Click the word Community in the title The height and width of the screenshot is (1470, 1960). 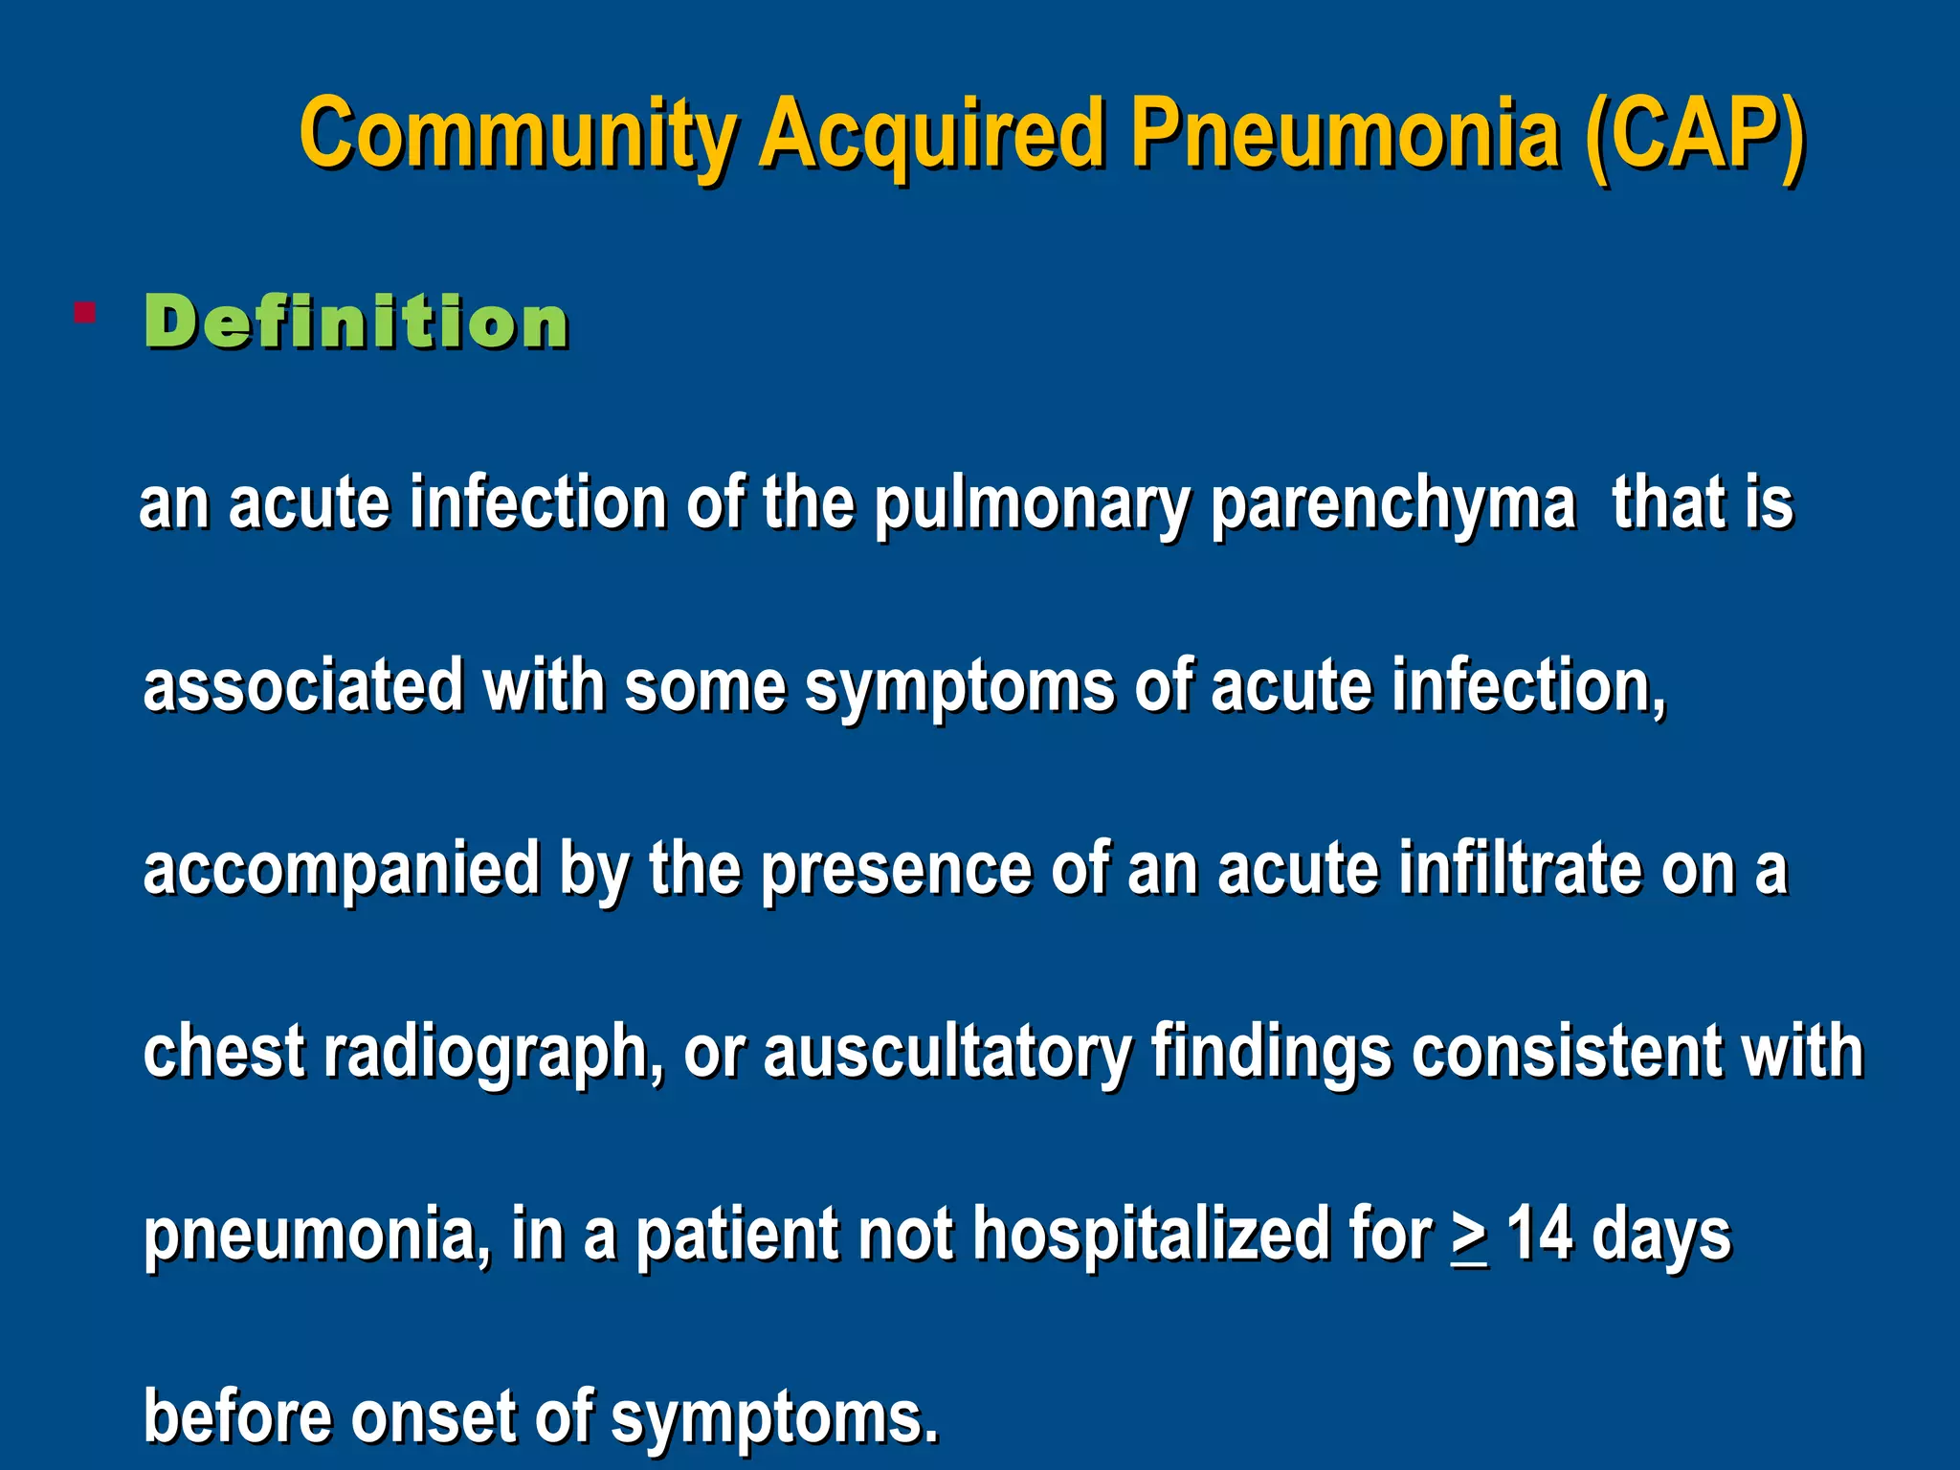click(x=518, y=134)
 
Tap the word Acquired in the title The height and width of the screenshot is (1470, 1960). click(x=932, y=134)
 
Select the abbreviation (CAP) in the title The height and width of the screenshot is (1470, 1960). click(x=1694, y=134)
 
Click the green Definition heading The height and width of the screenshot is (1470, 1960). click(x=357, y=322)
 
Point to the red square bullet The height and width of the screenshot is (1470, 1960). click(x=84, y=313)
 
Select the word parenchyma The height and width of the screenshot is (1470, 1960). click(x=1392, y=504)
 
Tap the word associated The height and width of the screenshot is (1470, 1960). click(x=303, y=686)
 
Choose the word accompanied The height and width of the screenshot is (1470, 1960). click(x=342, y=869)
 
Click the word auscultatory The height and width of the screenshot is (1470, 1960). click(x=947, y=1052)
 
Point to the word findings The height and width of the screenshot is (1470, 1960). click(x=1271, y=1052)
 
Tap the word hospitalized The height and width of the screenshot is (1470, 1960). click(x=1151, y=1235)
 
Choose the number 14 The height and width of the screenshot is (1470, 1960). click(x=1540, y=1235)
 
